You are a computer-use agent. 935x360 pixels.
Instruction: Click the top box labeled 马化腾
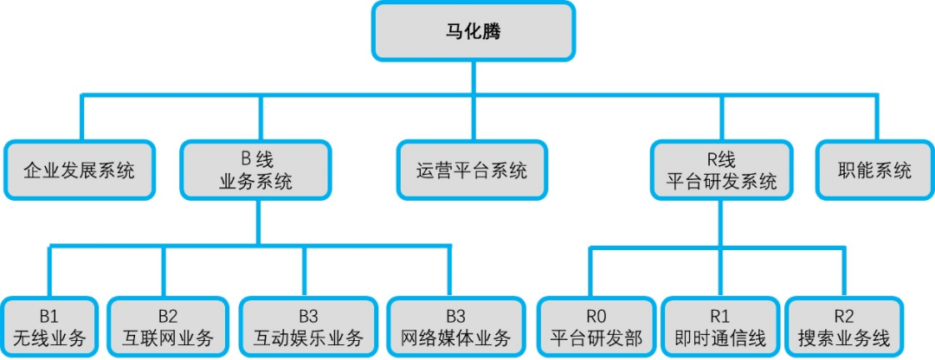click(474, 30)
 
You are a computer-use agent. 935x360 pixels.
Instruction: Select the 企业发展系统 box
click(80, 170)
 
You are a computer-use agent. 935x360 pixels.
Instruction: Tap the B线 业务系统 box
click(256, 170)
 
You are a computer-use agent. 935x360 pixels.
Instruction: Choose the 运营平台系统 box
click(472, 170)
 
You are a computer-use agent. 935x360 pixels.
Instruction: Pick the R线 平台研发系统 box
click(721, 170)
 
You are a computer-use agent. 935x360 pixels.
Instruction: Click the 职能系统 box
click(874, 170)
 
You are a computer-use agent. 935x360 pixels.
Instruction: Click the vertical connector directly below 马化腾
click(474, 77)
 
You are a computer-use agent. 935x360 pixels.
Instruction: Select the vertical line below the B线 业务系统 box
click(258, 222)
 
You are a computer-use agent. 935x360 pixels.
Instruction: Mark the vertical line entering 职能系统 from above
click(877, 118)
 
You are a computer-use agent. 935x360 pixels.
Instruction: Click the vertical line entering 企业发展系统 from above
click(81, 118)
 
